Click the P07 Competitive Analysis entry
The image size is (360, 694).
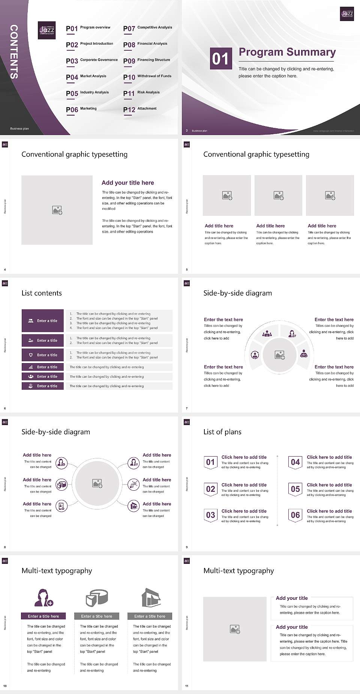coord(147,28)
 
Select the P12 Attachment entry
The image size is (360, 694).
coord(140,109)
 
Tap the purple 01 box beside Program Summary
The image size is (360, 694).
coord(220,59)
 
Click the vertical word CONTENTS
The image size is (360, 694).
coord(14,52)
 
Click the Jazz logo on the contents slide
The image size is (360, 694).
coord(47,30)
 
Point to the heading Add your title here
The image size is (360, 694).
coord(127,183)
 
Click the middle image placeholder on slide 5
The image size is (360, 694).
coord(278,195)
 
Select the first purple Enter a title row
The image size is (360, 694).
coord(43,321)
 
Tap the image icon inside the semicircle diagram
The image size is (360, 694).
coord(280,355)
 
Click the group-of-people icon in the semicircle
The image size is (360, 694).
coord(267,333)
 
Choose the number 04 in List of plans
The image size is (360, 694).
coord(295,462)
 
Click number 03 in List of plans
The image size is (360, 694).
coord(211,515)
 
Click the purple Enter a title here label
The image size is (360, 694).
coord(43,616)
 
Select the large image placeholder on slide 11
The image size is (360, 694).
coord(235,629)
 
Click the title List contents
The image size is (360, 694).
coord(42,293)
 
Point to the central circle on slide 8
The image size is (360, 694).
coord(97,484)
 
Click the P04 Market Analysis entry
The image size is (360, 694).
coord(86,77)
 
